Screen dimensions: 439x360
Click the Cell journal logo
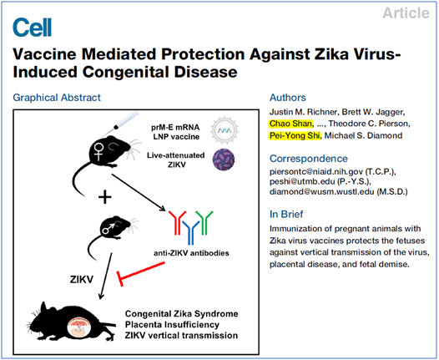pyautogui.click(x=33, y=28)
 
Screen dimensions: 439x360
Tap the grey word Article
pyautogui.click(x=406, y=13)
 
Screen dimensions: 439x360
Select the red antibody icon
pyautogui.click(x=177, y=223)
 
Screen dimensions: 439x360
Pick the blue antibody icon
pyautogui.click(x=191, y=232)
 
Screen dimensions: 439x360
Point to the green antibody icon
pyautogui.click(x=204, y=223)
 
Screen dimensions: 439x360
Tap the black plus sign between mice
pyautogui.click(x=105, y=197)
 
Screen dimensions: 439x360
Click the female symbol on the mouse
pyautogui.click(x=98, y=151)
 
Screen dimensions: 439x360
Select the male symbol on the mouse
pyautogui.click(x=108, y=228)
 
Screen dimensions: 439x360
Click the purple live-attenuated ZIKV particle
pyautogui.click(x=224, y=160)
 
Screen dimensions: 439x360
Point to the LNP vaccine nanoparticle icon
pyautogui.click(x=225, y=130)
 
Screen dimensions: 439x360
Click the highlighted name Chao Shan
pyautogui.click(x=290, y=124)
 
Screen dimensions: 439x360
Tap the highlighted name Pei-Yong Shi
pyautogui.click(x=295, y=135)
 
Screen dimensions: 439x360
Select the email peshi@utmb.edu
pyautogui.click(x=302, y=181)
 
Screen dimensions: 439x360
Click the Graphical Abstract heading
pyautogui.click(x=57, y=98)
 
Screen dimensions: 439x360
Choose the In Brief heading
pyautogui.click(x=286, y=215)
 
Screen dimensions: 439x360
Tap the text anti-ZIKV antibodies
pyautogui.click(x=191, y=253)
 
